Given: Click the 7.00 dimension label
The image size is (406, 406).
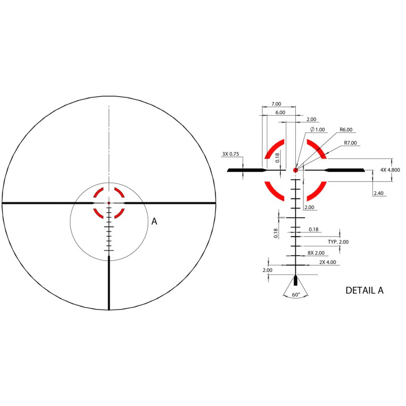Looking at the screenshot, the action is click(276, 104).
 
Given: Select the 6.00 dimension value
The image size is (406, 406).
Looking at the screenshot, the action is click(280, 112).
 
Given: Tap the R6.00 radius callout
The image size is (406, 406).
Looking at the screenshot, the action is click(346, 129).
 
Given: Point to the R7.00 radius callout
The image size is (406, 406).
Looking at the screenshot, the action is click(350, 143).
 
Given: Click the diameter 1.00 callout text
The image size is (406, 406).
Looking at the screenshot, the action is click(318, 129).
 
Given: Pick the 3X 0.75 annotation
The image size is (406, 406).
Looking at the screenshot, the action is click(230, 154).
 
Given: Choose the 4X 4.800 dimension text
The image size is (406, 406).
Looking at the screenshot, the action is click(390, 170).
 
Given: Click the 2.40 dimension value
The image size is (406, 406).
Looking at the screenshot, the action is click(378, 193).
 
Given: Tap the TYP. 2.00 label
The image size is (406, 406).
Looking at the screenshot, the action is click(338, 242).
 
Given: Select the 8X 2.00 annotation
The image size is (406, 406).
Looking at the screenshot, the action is click(316, 253).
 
